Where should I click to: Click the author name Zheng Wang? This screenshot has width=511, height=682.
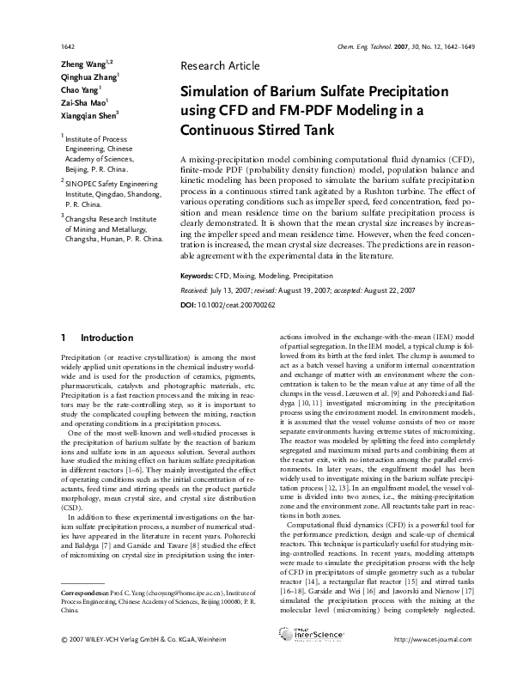[x=84, y=64]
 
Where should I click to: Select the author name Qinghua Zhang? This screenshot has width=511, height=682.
[x=88, y=77]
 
